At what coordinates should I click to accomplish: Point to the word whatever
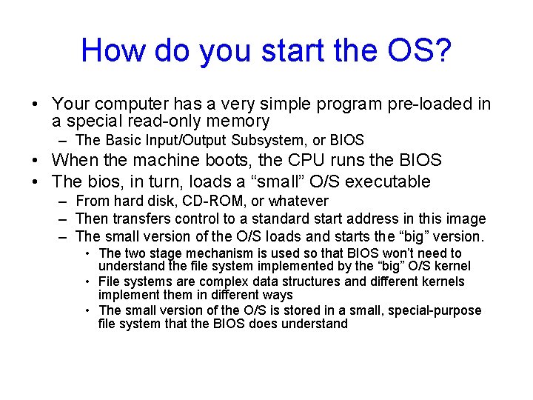pos(298,201)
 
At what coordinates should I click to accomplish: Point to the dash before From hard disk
pos(64,201)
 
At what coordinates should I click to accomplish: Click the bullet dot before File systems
pos(88,281)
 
